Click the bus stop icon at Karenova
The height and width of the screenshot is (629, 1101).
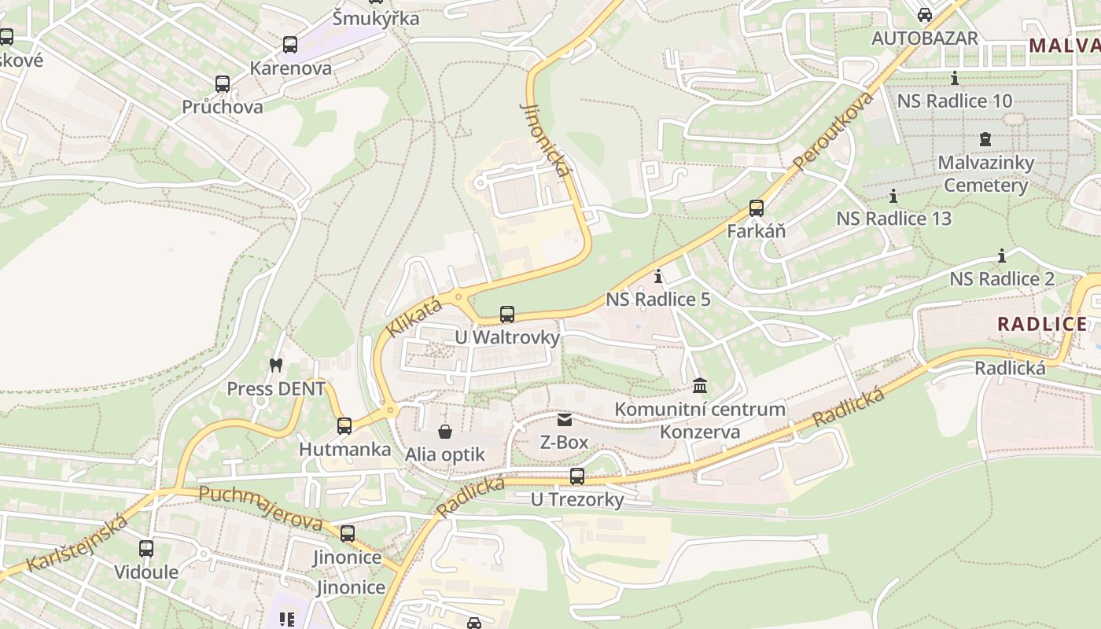[x=290, y=45]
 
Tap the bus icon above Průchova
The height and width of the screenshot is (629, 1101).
[x=223, y=84]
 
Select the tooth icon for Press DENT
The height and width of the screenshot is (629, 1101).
[x=275, y=365]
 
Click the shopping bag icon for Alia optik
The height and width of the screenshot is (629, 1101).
[x=445, y=432]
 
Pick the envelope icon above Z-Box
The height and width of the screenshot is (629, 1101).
[x=564, y=420]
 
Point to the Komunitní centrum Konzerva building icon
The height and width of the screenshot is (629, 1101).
[x=700, y=385]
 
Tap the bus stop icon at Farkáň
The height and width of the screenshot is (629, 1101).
[x=756, y=208]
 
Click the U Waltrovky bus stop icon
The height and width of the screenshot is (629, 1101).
[x=507, y=314]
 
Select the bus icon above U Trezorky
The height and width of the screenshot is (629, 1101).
[x=577, y=476]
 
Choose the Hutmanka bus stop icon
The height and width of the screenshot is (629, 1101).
[x=344, y=426]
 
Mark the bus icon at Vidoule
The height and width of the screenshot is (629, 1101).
[x=146, y=549]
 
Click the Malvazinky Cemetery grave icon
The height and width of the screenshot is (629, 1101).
[x=985, y=139]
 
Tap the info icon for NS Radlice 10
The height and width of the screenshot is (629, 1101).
[x=955, y=78]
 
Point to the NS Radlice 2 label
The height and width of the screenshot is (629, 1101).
[x=1002, y=279]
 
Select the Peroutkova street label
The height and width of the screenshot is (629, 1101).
[x=834, y=131]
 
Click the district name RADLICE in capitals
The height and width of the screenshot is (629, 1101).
[x=1042, y=324]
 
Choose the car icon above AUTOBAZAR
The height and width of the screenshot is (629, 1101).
[x=925, y=15]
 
